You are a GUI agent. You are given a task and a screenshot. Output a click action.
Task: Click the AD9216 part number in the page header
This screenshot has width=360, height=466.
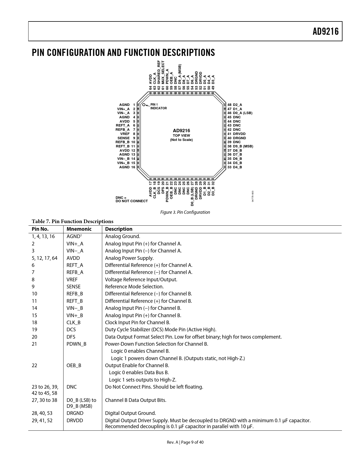point(325,31)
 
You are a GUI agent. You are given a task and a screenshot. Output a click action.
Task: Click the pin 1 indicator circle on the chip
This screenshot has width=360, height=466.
point(144,105)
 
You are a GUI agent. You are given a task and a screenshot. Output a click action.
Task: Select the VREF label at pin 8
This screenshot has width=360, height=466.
point(125,134)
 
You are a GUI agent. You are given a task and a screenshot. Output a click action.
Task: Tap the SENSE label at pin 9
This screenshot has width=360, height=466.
point(123,138)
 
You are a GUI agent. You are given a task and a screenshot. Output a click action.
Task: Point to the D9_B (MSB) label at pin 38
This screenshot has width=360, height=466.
point(243,146)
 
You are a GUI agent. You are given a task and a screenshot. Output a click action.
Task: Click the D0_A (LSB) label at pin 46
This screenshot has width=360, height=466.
point(243,113)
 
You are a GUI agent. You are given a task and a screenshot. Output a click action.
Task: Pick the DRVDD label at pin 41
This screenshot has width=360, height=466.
point(239,134)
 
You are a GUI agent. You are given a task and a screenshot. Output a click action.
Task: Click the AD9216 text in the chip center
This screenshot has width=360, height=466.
point(181,130)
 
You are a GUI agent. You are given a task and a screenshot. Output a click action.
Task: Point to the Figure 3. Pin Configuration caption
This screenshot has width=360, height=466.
point(185,212)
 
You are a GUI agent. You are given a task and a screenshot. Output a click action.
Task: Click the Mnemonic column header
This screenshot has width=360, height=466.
point(79,229)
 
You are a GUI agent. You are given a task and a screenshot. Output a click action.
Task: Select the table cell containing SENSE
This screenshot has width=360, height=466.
point(73,287)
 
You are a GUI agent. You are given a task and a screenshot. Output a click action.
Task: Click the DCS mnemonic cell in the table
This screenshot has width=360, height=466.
point(71,330)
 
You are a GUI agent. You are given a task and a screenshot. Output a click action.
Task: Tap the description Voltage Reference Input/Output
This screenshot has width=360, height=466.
point(141,280)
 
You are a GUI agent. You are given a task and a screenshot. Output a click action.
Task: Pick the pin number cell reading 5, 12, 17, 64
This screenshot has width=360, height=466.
point(44,258)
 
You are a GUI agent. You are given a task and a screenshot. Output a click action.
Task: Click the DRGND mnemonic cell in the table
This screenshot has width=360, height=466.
point(75,413)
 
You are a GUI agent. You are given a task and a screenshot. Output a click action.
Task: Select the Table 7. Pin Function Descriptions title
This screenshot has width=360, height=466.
point(73,221)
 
